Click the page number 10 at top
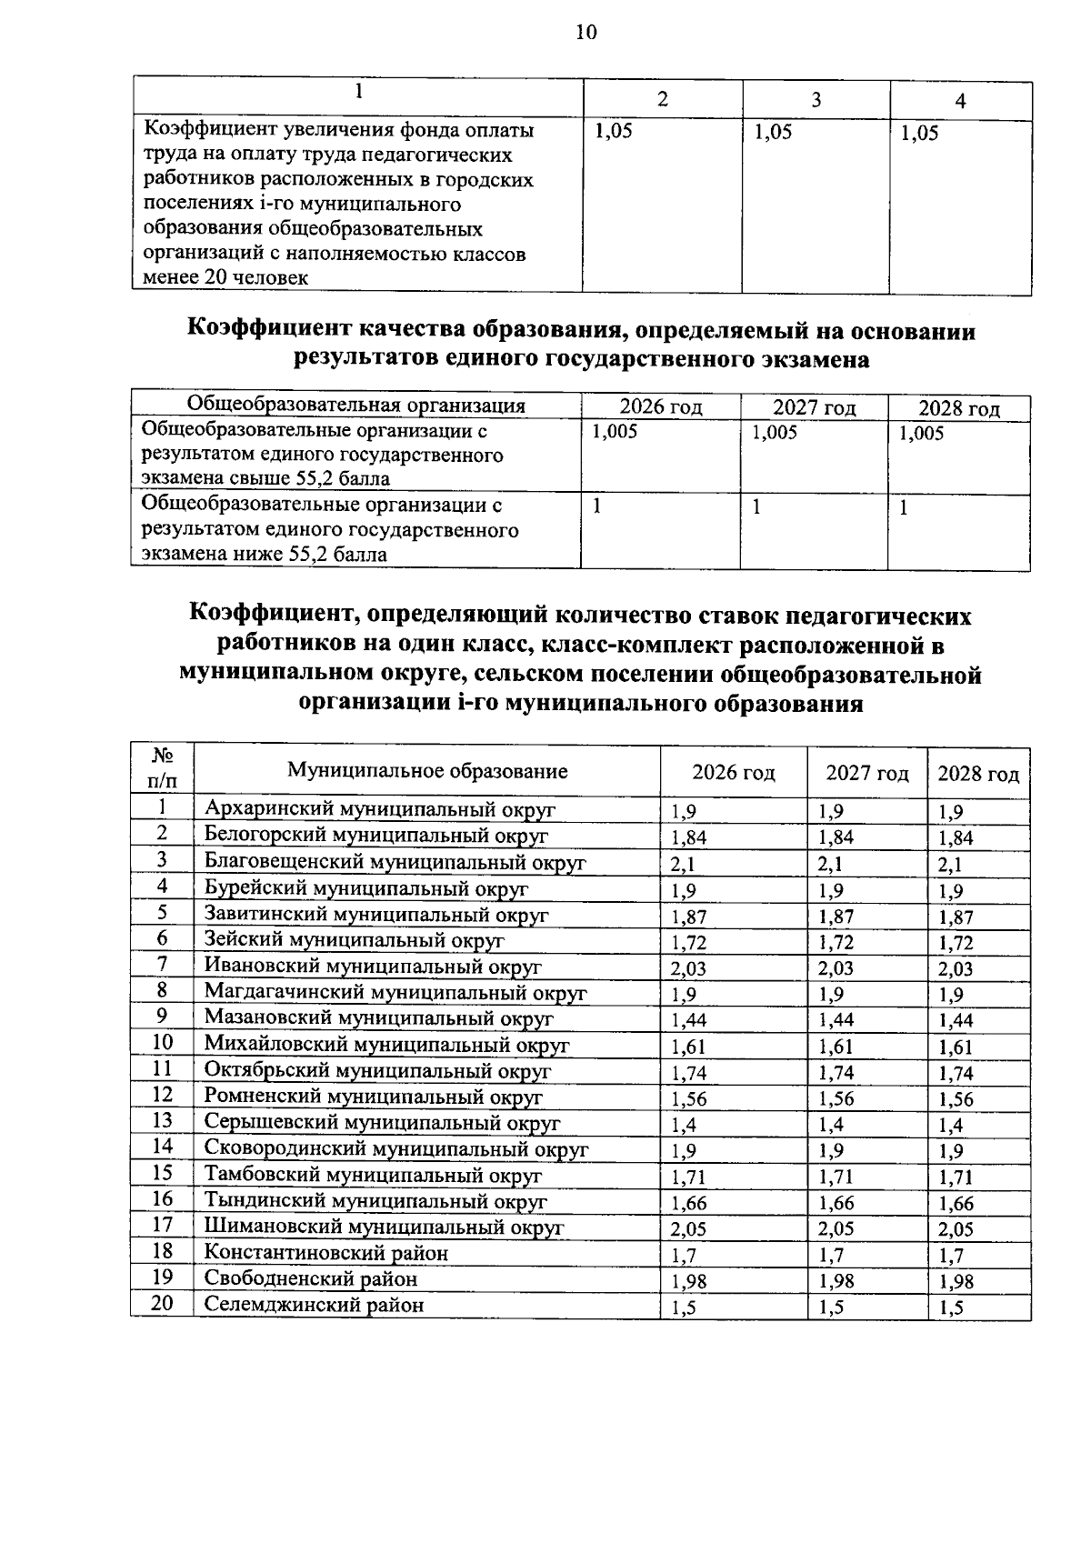[586, 34]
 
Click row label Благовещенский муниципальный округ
[395, 861]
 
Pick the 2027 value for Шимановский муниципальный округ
[836, 1229]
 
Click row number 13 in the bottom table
[163, 1121]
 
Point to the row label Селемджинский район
[314, 1306]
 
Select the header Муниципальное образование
[427, 771]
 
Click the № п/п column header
[163, 768]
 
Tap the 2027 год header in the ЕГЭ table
[814, 408]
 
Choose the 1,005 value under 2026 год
[615, 433]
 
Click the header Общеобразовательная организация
[355, 406]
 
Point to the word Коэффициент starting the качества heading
[268, 330]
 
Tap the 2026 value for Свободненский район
[688, 1282]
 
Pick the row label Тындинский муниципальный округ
[375, 1201]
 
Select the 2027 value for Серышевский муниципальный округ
[832, 1126]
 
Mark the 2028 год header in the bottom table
[978, 774]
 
